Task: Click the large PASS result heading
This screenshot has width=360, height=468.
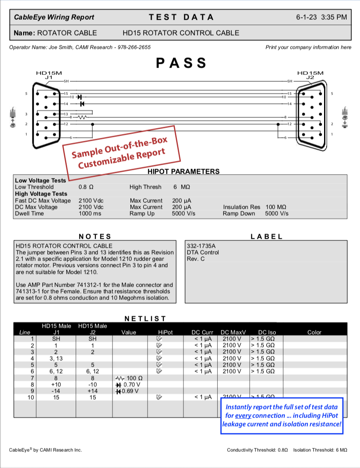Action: tap(181, 63)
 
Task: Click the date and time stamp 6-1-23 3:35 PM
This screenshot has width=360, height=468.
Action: tap(321, 18)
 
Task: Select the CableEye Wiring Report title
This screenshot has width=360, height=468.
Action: tap(54, 18)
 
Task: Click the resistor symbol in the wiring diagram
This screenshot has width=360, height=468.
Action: tap(82, 117)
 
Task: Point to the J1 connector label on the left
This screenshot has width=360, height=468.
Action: tap(48, 77)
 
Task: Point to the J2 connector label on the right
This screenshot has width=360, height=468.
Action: tap(310, 77)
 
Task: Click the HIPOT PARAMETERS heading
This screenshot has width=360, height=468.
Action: tap(183, 172)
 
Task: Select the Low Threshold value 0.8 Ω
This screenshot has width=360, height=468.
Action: tap(86, 187)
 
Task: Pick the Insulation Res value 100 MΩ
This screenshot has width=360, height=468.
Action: tap(276, 207)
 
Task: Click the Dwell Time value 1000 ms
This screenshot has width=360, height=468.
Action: tap(90, 213)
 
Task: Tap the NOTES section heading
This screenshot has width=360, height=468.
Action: tap(95, 237)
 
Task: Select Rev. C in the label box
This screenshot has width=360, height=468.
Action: tap(196, 259)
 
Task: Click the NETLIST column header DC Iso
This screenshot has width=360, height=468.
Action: tap(267, 332)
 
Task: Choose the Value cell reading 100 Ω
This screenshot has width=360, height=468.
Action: tap(129, 378)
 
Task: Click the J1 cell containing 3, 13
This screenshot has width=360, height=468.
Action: tap(56, 358)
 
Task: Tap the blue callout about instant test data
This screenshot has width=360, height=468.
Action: tap(282, 415)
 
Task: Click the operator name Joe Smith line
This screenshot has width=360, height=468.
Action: tap(80, 47)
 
